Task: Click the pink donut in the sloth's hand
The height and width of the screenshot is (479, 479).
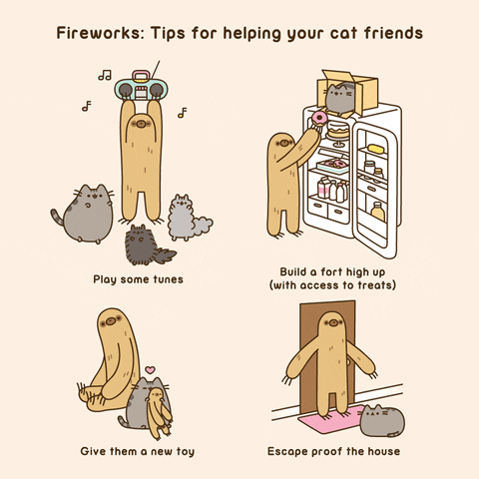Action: (319, 119)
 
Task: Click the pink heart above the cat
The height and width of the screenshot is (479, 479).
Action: (150, 370)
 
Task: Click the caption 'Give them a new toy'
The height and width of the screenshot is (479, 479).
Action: (138, 452)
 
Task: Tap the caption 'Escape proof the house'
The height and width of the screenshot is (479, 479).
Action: (333, 452)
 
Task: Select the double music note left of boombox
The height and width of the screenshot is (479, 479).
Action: (104, 75)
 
